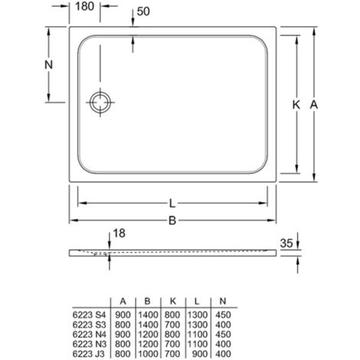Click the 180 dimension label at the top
tap(85, 6)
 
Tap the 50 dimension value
tap(143, 11)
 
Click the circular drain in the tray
tap(100, 102)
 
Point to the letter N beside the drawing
tap(48, 64)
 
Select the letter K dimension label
tap(296, 105)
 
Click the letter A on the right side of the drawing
tap(314, 105)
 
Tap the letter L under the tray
tap(172, 204)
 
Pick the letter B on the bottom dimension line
tap(172, 221)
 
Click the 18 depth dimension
tap(119, 233)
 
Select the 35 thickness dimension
tap(286, 243)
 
